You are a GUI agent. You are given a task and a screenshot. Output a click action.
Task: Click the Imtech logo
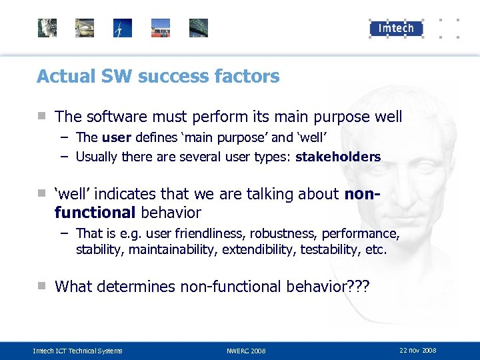pyautogui.click(x=396, y=27)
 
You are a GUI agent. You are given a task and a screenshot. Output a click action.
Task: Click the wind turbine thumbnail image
pyautogui.click(x=123, y=28)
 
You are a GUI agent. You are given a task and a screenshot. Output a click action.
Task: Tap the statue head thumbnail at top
pyautogui.click(x=47, y=28)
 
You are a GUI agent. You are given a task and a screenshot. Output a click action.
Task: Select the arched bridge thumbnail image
pyautogui.click(x=199, y=28)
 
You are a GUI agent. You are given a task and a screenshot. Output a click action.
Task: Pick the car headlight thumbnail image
pyautogui.click(x=85, y=28)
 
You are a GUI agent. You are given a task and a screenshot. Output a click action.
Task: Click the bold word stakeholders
pyautogui.click(x=338, y=157)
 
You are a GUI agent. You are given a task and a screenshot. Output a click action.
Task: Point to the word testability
pyautogui.click(x=330, y=250)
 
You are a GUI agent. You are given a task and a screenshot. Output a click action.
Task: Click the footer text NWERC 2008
pyautogui.click(x=246, y=351)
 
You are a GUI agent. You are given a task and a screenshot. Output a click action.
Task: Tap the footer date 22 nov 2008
pyautogui.click(x=418, y=350)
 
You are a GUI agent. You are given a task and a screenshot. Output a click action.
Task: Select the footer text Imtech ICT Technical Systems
pyautogui.click(x=78, y=351)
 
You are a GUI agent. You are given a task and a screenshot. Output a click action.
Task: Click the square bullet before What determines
pyautogui.click(x=41, y=286)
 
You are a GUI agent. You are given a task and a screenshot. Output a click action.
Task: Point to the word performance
pyautogui.click(x=367, y=234)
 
